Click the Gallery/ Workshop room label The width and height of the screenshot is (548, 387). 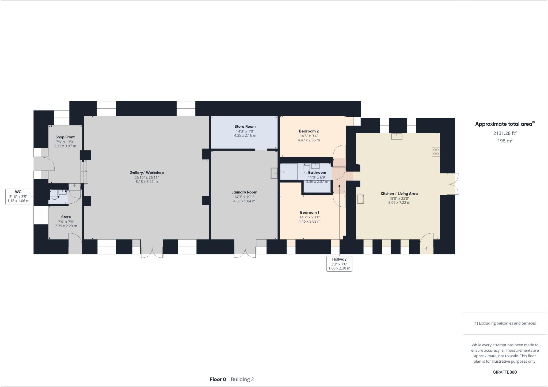(x=146, y=173)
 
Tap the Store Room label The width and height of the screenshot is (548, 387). (x=245, y=127)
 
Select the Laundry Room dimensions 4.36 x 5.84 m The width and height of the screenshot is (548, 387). (x=244, y=201)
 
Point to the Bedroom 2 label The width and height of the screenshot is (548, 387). (x=309, y=131)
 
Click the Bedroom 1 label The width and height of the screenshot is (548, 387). (x=309, y=213)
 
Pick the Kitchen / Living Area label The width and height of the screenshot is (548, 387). (x=399, y=193)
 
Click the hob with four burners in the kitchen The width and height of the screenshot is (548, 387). (x=436, y=152)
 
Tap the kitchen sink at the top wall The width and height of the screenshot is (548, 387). (x=397, y=136)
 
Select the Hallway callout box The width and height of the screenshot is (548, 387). (x=339, y=264)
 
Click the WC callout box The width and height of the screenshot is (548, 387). (x=18, y=196)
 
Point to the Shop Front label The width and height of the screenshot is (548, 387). (x=65, y=137)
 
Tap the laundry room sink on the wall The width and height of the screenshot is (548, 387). (x=274, y=173)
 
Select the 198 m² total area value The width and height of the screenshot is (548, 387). (x=505, y=141)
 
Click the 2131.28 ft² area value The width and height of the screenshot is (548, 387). (x=505, y=133)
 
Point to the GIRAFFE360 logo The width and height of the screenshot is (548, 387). (x=505, y=372)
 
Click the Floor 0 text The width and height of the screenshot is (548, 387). (x=218, y=379)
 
